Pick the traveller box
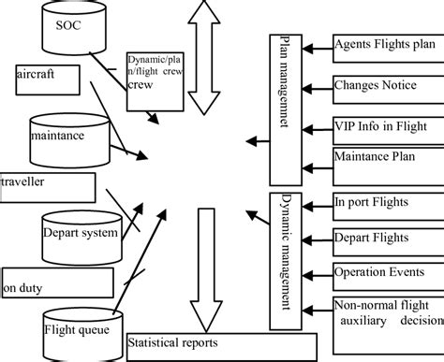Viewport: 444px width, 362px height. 46,186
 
